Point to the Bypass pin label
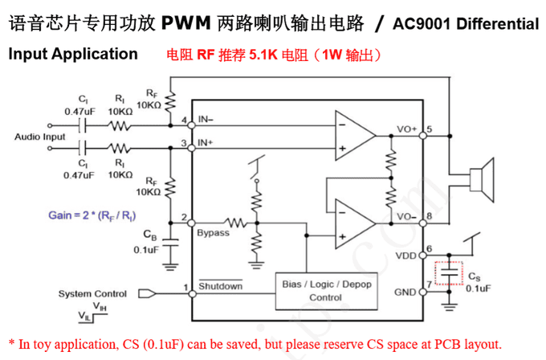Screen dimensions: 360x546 (213, 233)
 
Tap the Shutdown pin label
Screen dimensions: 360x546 (220, 286)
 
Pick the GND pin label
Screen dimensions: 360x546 (405, 292)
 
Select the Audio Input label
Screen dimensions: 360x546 (40, 137)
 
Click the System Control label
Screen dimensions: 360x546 (92, 293)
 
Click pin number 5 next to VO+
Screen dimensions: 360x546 (430, 129)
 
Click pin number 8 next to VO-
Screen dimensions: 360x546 (430, 216)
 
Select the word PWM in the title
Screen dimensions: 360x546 (189, 23)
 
